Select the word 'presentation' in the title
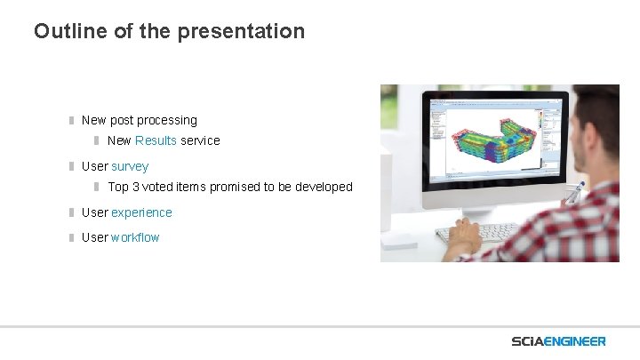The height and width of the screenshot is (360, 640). [x=241, y=31]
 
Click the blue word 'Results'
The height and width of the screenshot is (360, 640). [x=156, y=140]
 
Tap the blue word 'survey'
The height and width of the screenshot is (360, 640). [x=130, y=166]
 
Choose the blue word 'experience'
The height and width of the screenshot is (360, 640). [x=141, y=212]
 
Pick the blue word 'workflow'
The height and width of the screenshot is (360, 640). [x=135, y=237]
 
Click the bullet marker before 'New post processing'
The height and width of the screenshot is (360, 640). [x=72, y=120]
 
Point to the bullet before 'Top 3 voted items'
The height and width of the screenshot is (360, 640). [x=98, y=187]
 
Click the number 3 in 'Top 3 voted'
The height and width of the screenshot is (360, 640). [x=135, y=187]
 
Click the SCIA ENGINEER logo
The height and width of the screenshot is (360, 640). [x=558, y=341]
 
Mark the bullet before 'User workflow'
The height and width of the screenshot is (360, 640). [x=72, y=237]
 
